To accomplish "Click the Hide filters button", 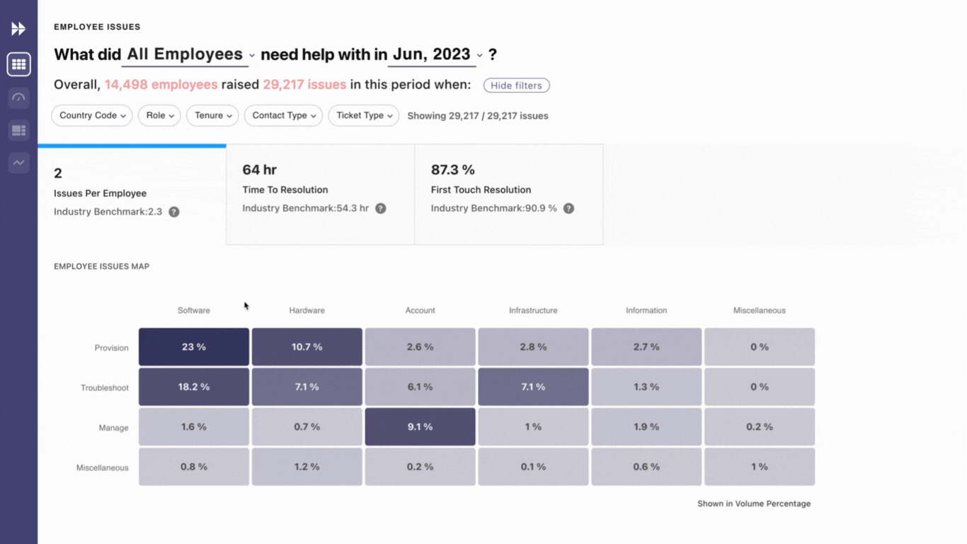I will tap(516, 86).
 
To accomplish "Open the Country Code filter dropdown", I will tap(92, 115).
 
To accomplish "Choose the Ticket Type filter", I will tap(363, 115).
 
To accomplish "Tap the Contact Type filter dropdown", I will tap(283, 115).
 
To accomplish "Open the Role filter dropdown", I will tap(159, 115).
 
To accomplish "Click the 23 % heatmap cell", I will tap(193, 347).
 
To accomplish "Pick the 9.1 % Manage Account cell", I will tap(420, 427).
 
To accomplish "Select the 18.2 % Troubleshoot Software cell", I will tap(193, 387).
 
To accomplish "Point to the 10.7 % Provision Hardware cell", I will tap(307, 347).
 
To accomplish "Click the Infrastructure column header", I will tap(533, 310).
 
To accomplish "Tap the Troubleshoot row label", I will tap(105, 388).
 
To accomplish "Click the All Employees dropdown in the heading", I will tap(190, 55).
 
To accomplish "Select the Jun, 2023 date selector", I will tap(436, 55).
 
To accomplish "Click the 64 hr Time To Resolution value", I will tap(260, 170).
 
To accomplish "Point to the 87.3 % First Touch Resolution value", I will tap(453, 170).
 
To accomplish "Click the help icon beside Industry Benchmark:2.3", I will tap(174, 212).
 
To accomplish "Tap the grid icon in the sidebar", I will tap(19, 64).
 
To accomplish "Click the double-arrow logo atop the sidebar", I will tap(18, 28).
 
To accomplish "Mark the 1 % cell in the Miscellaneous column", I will tap(759, 467).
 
